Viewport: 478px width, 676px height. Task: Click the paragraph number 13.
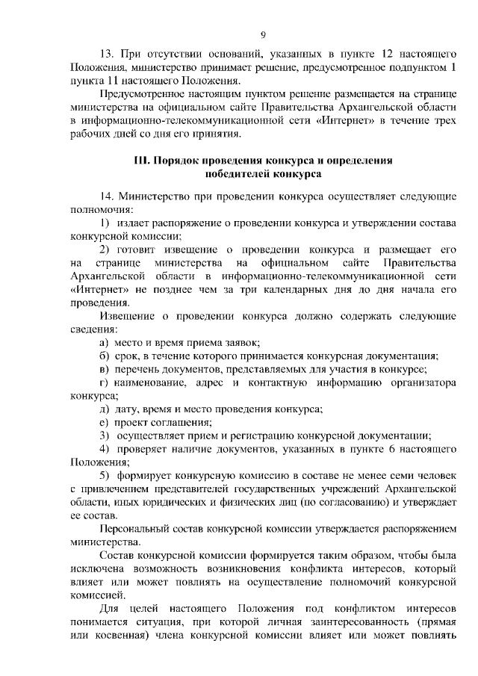point(107,55)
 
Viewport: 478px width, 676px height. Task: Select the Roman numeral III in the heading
point(141,161)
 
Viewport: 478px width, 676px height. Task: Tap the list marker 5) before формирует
point(105,477)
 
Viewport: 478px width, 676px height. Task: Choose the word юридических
point(186,503)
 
